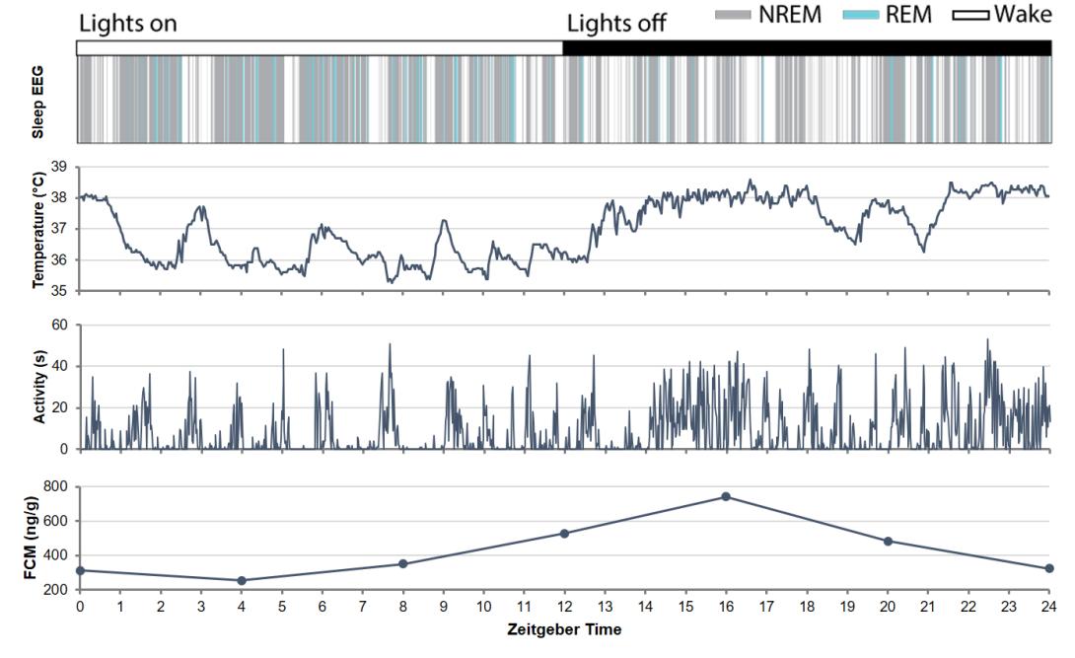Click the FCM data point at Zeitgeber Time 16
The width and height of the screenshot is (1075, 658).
(726, 496)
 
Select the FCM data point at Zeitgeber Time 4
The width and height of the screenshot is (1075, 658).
(242, 580)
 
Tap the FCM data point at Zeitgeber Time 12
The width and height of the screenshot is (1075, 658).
(564, 534)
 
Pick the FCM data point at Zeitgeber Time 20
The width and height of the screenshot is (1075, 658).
(888, 541)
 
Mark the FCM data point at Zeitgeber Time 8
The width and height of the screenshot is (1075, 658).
(402, 563)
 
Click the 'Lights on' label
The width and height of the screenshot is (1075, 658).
(128, 24)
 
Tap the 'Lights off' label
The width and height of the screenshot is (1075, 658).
(616, 24)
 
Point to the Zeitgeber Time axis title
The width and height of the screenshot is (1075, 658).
(564, 629)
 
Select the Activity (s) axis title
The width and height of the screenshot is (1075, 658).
(39, 388)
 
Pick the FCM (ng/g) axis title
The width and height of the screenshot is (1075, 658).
(39, 539)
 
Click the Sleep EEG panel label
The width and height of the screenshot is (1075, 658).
(39, 100)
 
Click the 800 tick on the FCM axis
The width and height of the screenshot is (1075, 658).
(54, 487)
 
